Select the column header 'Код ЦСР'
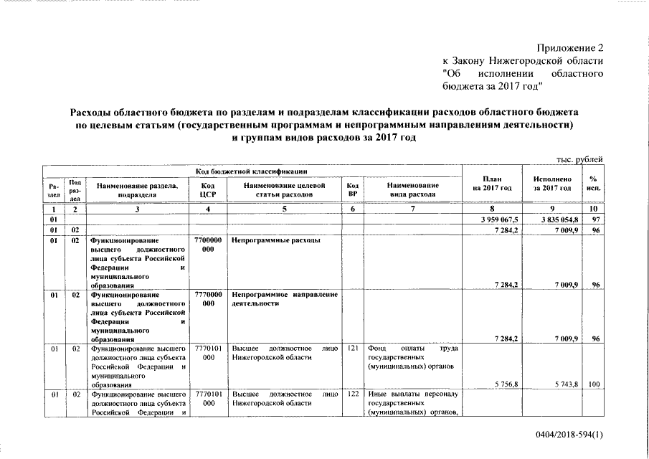click(x=208, y=189)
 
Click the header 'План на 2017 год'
click(x=491, y=183)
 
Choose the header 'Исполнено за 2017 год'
click(x=551, y=183)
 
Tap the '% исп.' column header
click(x=592, y=183)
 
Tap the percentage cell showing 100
click(x=593, y=385)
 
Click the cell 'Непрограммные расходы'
click(x=276, y=240)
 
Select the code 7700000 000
click(x=208, y=245)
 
